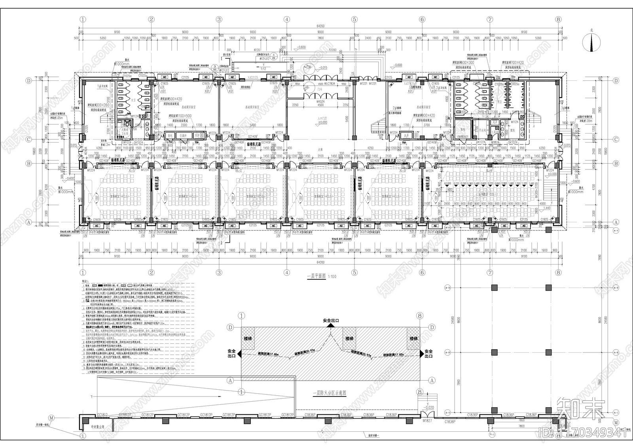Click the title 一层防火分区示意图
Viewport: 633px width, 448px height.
coord(330,393)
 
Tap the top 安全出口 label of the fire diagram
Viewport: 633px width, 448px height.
coord(331,320)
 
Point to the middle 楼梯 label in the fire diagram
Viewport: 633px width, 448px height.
coord(349,339)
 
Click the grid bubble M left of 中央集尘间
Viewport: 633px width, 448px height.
coord(51,417)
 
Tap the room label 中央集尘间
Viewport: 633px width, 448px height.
coord(97,427)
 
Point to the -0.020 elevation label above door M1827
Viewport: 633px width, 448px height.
coord(429,407)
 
